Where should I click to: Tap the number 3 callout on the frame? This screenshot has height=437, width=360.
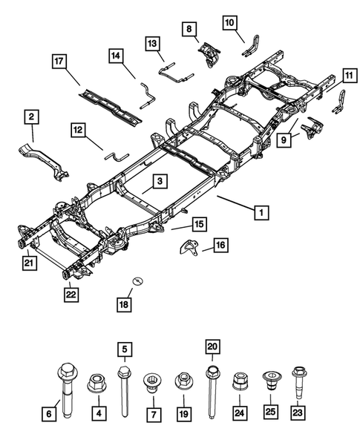(x=160, y=181)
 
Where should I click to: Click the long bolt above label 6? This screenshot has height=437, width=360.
(x=65, y=381)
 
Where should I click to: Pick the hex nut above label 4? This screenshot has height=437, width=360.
(x=95, y=383)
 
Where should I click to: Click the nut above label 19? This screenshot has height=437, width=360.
(x=183, y=382)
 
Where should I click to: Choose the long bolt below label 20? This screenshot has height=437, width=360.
(x=212, y=382)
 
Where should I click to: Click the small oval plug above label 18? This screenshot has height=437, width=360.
(x=137, y=280)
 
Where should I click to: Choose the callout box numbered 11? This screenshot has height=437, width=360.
(x=347, y=74)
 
